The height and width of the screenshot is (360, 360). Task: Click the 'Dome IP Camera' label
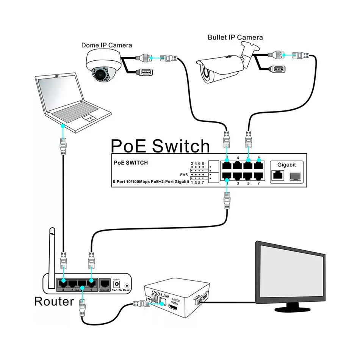point(106,45)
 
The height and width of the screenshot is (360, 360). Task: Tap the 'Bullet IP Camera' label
point(235,37)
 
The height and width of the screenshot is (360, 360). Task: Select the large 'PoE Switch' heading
point(160,146)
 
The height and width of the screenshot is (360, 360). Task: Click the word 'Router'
point(53,302)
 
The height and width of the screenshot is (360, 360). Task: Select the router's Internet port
point(105,283)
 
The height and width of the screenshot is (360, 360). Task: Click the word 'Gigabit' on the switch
point(286,165)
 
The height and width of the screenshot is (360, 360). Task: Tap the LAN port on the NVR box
point(162,302)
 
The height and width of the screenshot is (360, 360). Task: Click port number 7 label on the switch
point(259,183)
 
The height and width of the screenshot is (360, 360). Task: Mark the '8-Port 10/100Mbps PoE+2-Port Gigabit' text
point(150,182)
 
